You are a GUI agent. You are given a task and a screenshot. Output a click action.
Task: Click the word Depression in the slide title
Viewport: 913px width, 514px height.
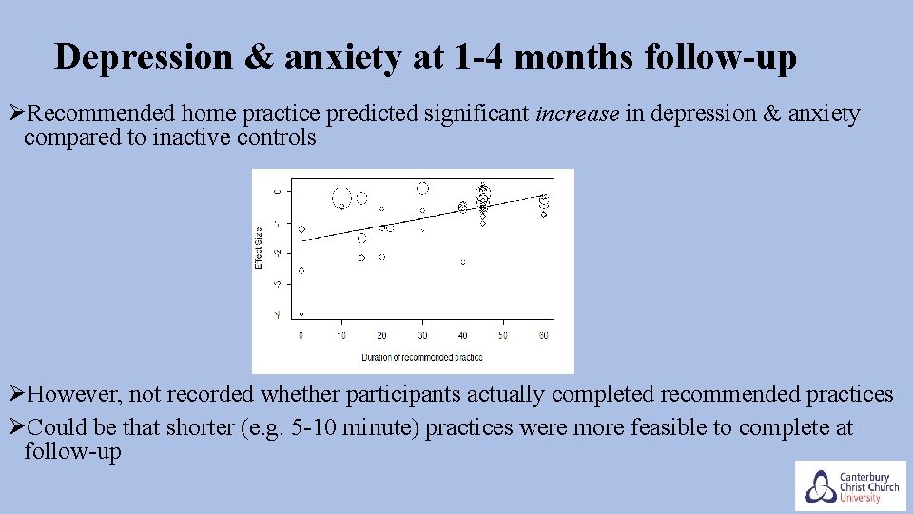click(142, 57)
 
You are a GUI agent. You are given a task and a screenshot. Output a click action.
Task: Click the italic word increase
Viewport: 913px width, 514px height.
click(577, 115)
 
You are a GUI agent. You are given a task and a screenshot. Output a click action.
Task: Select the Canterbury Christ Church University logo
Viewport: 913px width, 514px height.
click(849, 485)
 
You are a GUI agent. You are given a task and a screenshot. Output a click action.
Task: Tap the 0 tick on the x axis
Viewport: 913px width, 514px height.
click(301, 335)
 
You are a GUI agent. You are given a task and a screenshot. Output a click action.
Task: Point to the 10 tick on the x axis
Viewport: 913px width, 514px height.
click(341, 335)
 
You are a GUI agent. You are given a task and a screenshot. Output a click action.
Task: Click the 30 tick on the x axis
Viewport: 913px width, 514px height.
click(422, 335)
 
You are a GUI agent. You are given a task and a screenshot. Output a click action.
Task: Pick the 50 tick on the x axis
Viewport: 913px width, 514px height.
click(503, 335)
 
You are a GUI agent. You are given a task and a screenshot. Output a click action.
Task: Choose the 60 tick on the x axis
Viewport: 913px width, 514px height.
click(543, 335)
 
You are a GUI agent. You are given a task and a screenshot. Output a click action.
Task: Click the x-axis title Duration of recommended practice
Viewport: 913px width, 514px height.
click(421, 358)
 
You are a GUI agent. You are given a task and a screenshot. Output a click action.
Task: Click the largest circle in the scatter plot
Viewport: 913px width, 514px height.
click(341, 198)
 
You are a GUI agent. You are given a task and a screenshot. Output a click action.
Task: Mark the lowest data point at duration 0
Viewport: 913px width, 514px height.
click(301, 313)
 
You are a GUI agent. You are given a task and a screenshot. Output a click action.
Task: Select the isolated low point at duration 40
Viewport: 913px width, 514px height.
click(463, 261)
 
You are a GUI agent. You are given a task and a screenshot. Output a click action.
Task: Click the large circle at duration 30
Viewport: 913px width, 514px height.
click(422, 188)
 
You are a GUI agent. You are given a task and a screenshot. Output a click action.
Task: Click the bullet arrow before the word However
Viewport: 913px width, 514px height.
click(15, 394)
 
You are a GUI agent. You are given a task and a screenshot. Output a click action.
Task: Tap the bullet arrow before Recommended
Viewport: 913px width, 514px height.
click(15, 115)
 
